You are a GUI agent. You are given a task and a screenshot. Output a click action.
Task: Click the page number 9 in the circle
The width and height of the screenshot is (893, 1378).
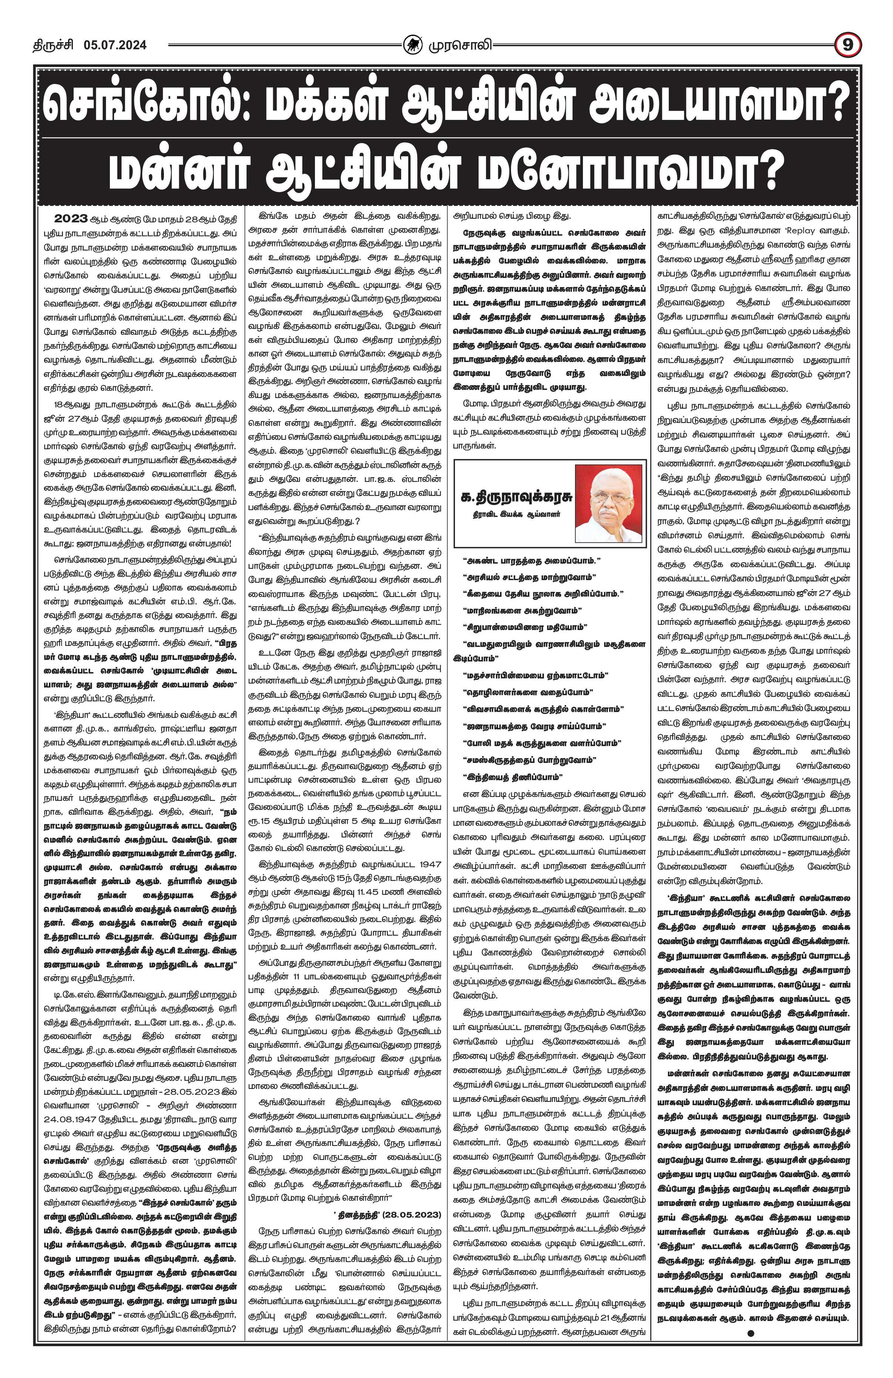[848, 44]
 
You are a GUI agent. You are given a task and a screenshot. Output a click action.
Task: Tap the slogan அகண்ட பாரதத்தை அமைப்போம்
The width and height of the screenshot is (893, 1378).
[533, 561]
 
